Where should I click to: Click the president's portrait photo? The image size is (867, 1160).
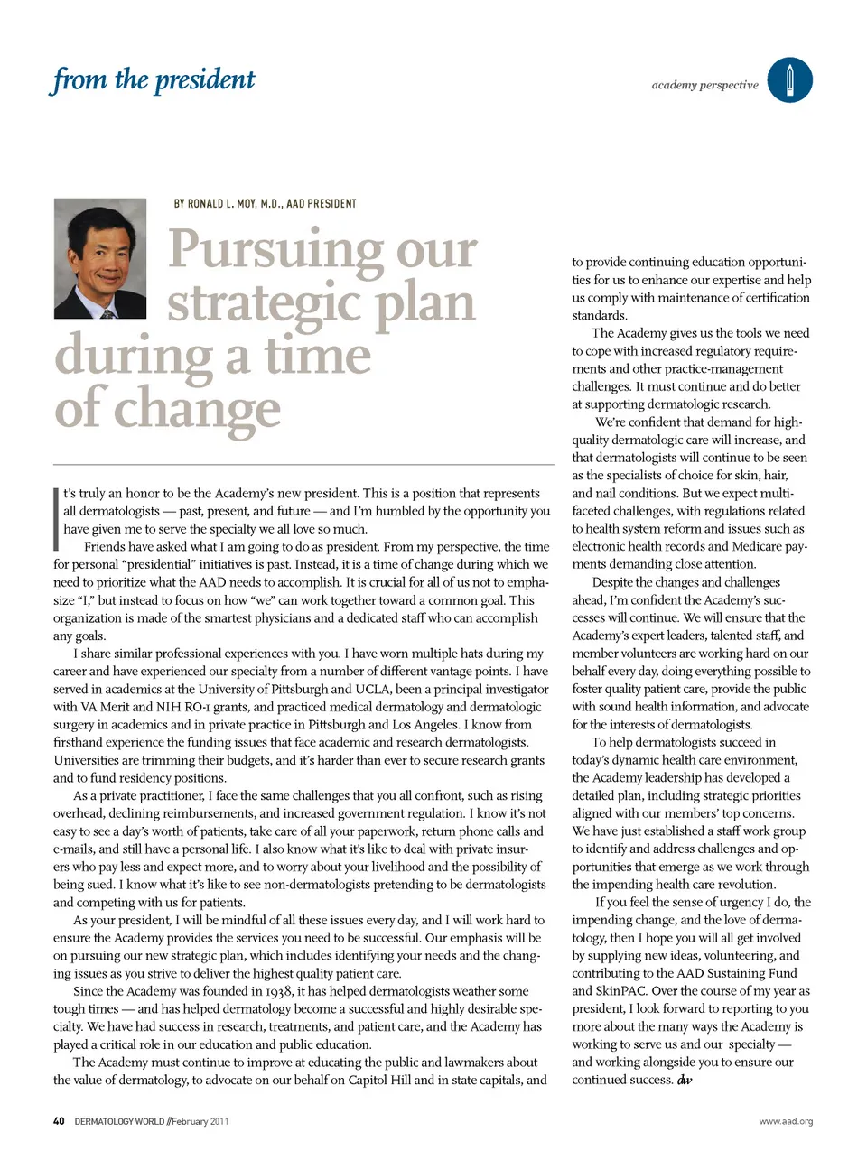coord(99,258)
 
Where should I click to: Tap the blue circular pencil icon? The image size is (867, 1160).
coord(789,80)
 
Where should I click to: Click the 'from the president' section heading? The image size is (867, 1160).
coord(154,80)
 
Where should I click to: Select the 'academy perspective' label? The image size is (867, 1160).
coord(704,85)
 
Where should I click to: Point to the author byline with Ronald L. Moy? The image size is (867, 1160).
coord(265,204)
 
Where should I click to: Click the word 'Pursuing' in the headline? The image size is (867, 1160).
coord(275,249)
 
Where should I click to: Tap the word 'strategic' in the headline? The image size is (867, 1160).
coord(264,303)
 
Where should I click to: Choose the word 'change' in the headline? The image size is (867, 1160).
coord(197,410)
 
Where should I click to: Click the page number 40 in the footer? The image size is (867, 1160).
coord(59,1121)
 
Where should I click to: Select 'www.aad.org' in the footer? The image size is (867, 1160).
coord(786,1121)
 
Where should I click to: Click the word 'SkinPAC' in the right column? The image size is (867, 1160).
coord(620,991)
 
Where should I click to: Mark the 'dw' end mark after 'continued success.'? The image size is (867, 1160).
coord(685,1080)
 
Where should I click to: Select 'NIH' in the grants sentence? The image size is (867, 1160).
coord(167,707)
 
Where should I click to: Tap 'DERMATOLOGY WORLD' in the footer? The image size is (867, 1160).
coord(119,1121)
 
